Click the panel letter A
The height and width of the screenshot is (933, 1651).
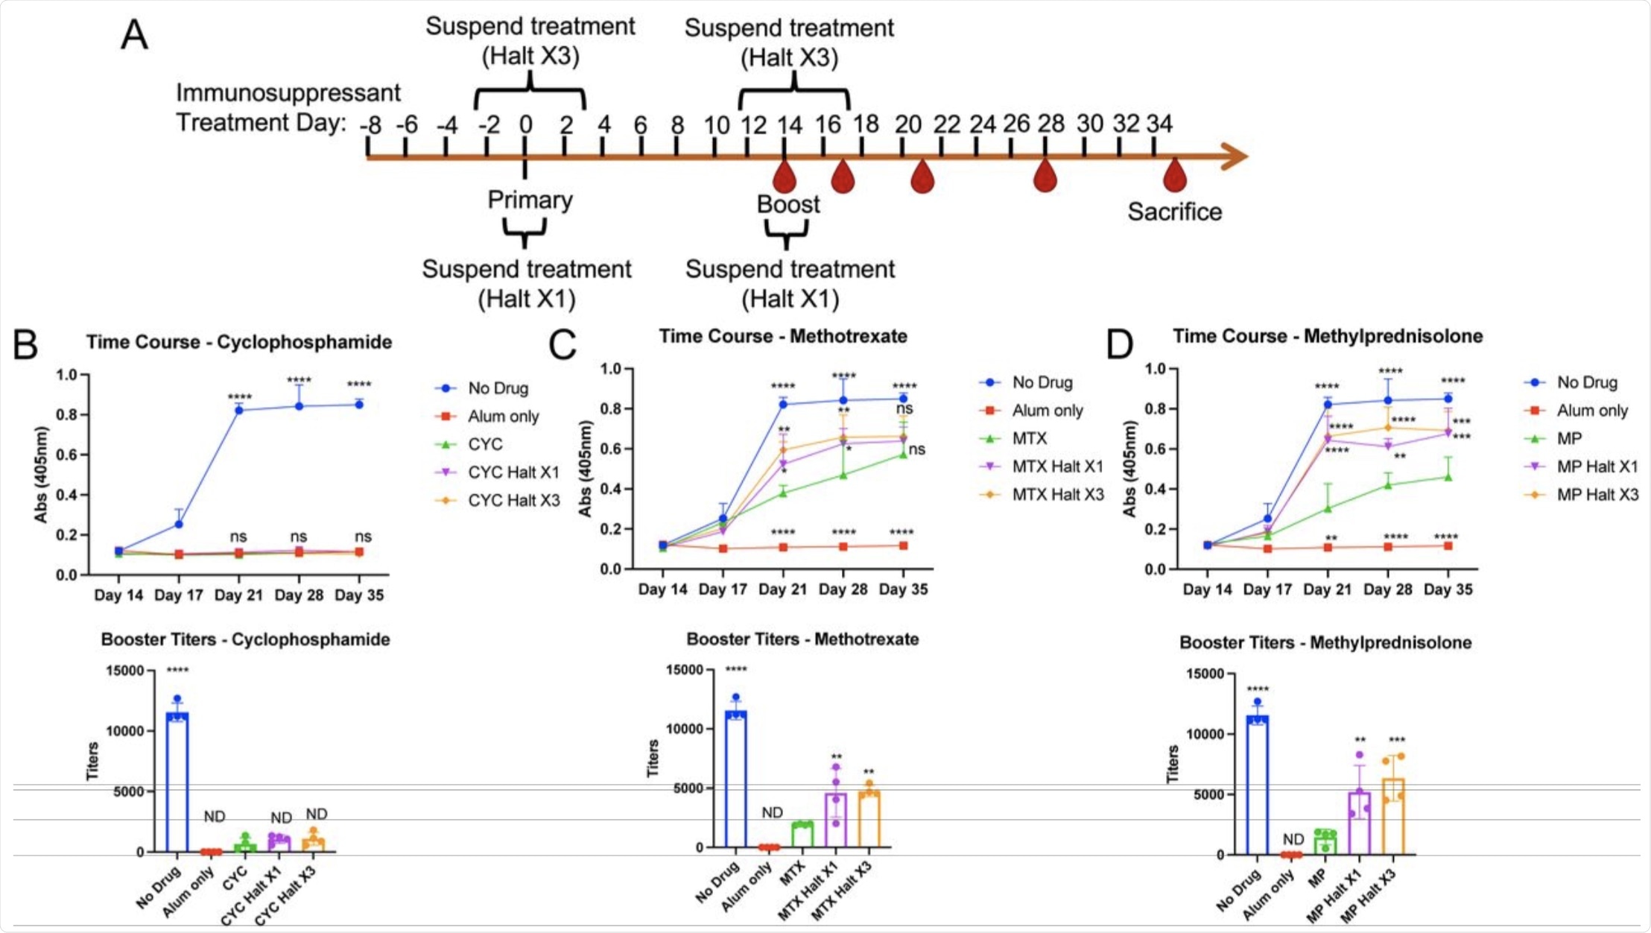point(135,34)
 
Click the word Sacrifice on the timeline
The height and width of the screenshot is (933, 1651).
point(1174,212)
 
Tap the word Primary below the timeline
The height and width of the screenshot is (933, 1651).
point(530,200)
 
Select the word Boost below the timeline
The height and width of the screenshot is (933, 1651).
point(788,204)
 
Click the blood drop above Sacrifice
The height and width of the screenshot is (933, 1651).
point(1175,176)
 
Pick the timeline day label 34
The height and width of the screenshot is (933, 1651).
point(1159,124)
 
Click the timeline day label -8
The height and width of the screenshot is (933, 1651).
point(370,124)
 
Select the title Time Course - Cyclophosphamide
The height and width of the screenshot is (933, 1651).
point(238,342)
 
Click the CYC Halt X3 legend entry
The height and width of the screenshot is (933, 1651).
point(513,500)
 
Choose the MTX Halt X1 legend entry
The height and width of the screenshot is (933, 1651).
point(1057,466)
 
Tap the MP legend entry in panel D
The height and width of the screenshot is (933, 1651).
point(1569,438)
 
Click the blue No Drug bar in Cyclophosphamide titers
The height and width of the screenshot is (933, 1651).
point(177,782)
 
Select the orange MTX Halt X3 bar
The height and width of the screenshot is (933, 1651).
point(869,820)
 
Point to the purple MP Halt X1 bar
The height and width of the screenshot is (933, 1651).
point(1359,823)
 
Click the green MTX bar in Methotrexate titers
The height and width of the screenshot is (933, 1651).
point(802,835)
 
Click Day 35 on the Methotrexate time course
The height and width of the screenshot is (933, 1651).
point(903,589)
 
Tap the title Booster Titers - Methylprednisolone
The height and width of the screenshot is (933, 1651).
point(1325,642)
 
